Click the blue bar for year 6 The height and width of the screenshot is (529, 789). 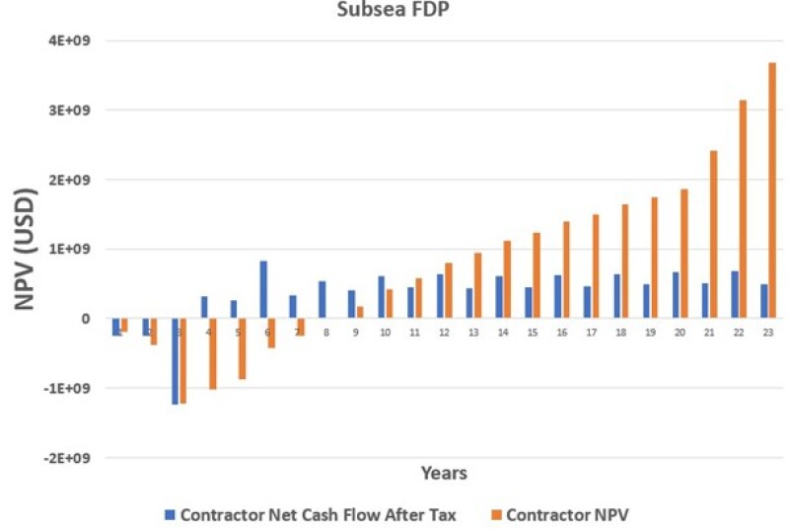pyautogui.click(x=263, y=289)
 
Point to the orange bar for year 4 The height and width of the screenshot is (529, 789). pyautogui.click(x=212, y=353)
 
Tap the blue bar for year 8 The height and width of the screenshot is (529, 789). pyautogui.click(x=322, y=300)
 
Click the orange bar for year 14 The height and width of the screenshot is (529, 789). pyautogui.click(x=507, y=279)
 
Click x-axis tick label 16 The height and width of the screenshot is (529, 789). pyautogui.click(x=562, y=334)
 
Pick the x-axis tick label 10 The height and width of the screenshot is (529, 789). pyautogui.click(x=385, y=334)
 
